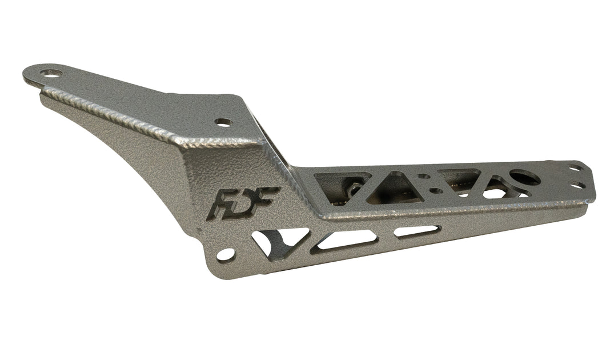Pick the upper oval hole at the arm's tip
pos(573,168)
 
